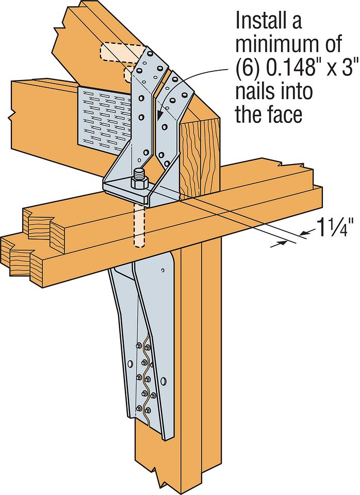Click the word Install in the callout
tap(268, 21)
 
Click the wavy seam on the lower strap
tap(146, 377)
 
